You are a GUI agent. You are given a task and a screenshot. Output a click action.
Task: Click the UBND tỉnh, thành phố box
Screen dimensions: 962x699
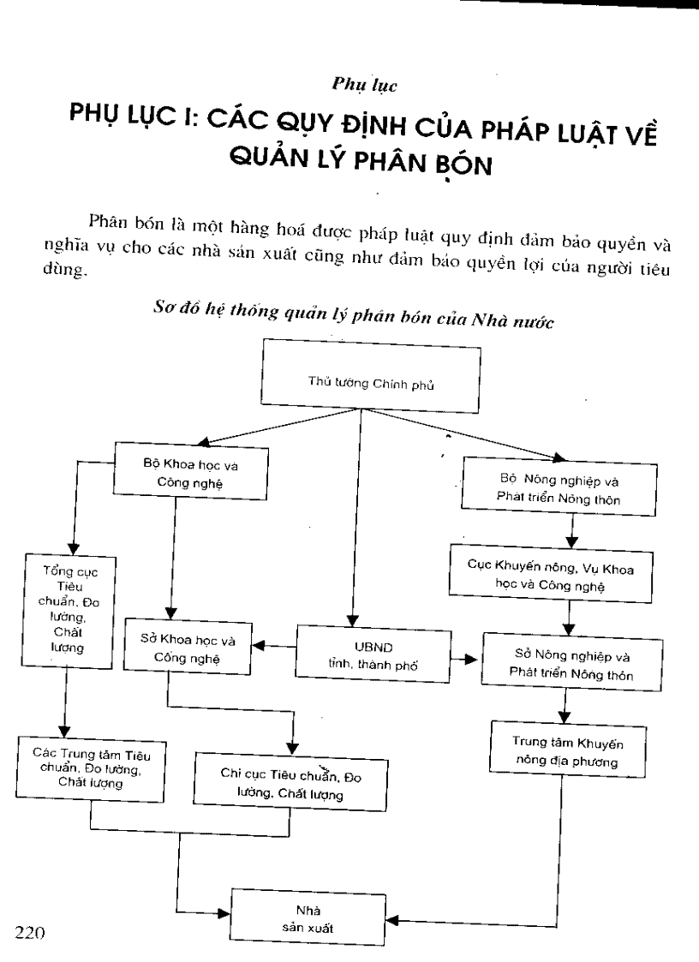373,653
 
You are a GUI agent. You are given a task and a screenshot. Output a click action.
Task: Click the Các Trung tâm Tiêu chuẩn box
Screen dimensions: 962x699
90,768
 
